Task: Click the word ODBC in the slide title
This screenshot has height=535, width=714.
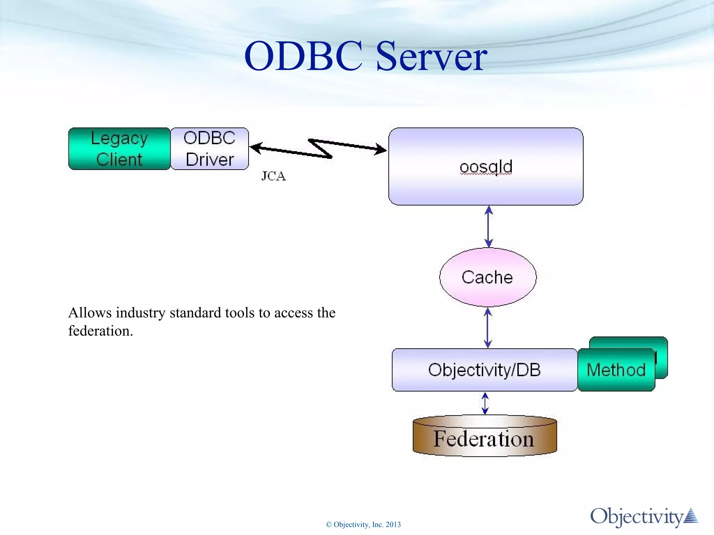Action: pos(303,56)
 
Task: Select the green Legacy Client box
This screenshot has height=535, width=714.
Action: pos(119,149)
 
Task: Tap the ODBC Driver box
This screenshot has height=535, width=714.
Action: pos(210,149)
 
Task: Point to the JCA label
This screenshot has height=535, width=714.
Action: pos(274,176)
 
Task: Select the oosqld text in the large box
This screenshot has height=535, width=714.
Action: pos(486,166)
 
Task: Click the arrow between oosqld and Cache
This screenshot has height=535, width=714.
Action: pos(488,226)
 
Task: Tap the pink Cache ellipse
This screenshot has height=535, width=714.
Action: pos(487,277)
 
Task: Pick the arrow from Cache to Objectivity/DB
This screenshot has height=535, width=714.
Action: pos(488,328)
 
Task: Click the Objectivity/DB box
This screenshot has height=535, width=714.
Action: pos(484,370)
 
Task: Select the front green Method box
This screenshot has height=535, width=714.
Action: pos(616,370)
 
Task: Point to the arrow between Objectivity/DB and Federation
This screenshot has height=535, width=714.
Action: pos(485,403)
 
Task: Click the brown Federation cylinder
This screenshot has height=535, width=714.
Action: pos(484,438)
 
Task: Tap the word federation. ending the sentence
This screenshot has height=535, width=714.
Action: pos(100,331)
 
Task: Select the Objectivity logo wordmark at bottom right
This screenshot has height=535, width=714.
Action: pos(636,517)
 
